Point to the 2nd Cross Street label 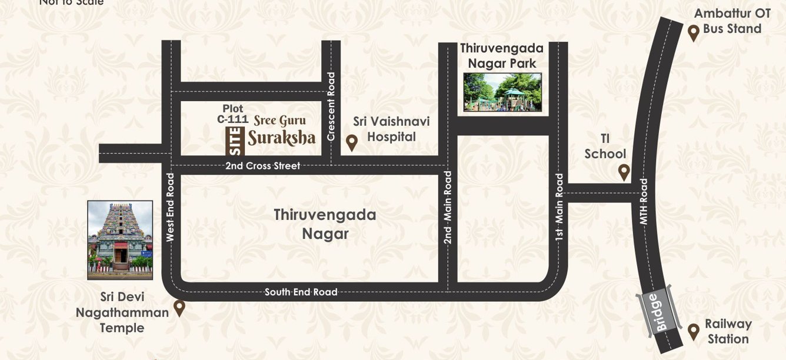click(x=262, y=166)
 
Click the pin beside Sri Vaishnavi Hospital click(x=352, y=142)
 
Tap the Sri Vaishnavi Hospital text click(x=391, y=129)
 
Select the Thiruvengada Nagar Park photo click(x=502, y=92)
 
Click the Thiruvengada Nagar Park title click(x=501, y=55)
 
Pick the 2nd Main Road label click(x=448, y=208)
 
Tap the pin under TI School click(x=624, y=172)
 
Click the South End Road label click(x=301, y=292)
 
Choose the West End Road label click(x=171, y=208)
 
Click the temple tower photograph click(x=120, y=239)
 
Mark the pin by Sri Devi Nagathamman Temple click(x=179, y=308)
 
